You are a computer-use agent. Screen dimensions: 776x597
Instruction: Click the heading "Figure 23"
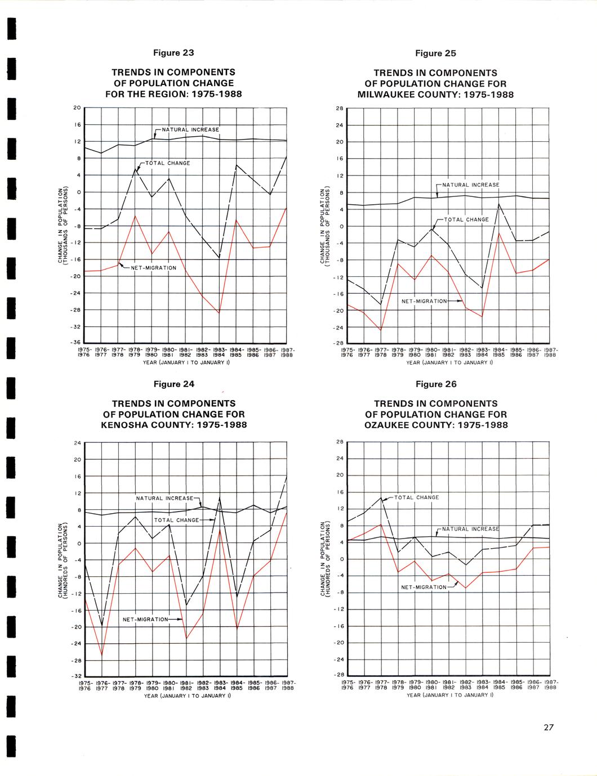[x=173, y=53]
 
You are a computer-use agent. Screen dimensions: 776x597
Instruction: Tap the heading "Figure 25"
[x=435, y=53]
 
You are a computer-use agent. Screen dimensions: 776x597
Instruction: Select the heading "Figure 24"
[x=173, y=384]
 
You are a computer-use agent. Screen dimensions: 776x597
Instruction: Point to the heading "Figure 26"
[x=435, y=384]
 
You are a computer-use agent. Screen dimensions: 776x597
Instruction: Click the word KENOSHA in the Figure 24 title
[x=127, y=424]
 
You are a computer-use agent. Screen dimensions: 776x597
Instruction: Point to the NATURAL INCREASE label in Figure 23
[x=190, y=130]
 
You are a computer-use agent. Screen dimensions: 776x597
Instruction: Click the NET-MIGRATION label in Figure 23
[x=154, y=268]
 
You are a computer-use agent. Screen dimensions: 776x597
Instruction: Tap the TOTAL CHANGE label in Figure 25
[x=466, y=219]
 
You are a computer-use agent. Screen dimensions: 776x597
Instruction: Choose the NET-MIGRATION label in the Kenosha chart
[x=145, y=620]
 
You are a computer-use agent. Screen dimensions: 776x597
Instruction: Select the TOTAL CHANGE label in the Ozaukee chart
[x=416, y=497]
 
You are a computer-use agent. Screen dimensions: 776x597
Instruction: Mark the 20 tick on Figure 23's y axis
[x=78, y=107]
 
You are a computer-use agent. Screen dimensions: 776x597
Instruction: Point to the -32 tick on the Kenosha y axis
[x=78, y=676]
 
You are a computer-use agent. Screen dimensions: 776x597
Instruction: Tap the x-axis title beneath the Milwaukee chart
[x=449, y=363]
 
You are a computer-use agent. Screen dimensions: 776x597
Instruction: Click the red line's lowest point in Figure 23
[x=219, y=313]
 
